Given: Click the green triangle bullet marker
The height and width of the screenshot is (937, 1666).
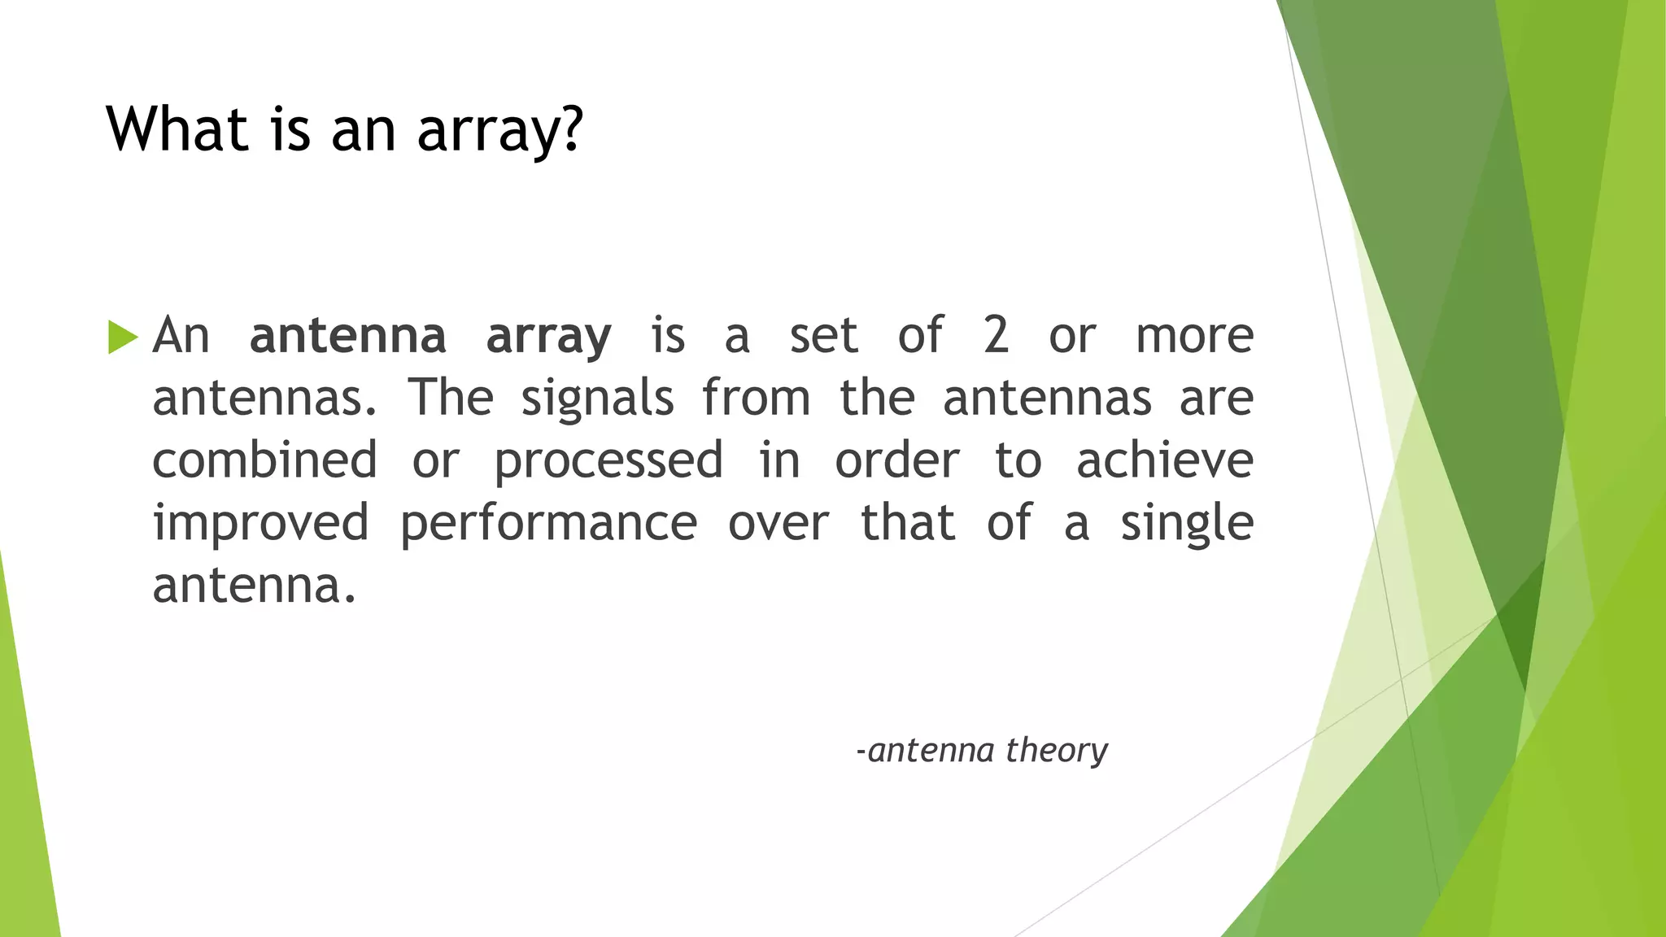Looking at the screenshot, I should tap(122, 337).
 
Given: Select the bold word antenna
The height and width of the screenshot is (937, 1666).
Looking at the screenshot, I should tap(347, 335).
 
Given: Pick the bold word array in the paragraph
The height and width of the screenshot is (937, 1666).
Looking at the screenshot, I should tap(548, 337).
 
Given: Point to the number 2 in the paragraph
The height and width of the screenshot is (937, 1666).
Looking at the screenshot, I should tap(996, 335).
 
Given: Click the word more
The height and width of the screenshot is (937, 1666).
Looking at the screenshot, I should tap(1194, 335).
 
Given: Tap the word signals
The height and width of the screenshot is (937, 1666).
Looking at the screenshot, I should tap(597, 399).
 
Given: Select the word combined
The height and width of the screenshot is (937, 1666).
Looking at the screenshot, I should tap(265, 460).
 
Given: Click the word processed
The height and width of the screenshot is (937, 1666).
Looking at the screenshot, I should tap(608, 461).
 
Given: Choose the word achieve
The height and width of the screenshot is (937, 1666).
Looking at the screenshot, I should tap(1165, 460).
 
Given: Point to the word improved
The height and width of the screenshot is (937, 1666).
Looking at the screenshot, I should tap(261, 523).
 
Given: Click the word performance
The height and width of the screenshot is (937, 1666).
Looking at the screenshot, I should tap(549, 523).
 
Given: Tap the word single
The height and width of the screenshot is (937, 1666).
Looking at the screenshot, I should tap(1187, 523).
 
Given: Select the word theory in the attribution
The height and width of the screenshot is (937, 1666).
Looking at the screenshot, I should tap(1056, 750).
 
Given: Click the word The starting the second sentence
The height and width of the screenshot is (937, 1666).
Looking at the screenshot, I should tap(451, 398).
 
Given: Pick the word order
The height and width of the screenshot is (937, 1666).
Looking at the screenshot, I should tap(897, 460).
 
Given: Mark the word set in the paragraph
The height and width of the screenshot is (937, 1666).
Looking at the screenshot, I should tap(823, 335).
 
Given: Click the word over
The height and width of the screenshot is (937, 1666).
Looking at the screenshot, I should tap(778, 523).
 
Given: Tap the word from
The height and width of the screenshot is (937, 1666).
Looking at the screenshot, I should tap(757, 398).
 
